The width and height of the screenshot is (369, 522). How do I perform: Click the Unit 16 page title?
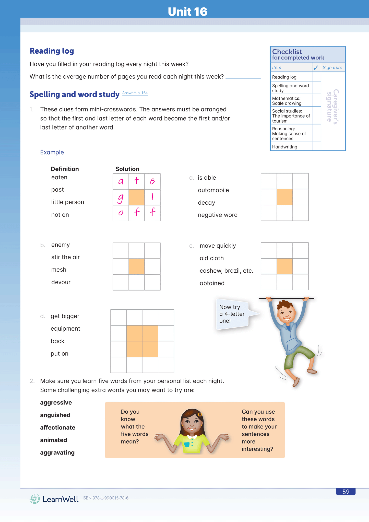pos(187,12)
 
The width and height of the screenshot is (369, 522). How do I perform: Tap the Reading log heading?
pos(52,51)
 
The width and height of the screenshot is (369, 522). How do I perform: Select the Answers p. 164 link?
pos(135,93)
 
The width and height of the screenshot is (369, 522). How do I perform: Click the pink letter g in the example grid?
pos(121,198)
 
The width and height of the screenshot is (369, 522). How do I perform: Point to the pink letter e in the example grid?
pos(152,181)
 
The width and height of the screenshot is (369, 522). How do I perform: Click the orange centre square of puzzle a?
pos(285,197)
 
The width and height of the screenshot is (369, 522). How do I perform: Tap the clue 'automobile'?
pos(213,190)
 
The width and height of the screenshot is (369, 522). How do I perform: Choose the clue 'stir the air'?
pos(65,257)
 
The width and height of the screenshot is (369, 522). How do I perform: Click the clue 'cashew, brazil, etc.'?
pos(226,271)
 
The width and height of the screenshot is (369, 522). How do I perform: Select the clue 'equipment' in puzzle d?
pos(65,329)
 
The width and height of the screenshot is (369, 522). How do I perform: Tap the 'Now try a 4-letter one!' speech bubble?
pos(232,314)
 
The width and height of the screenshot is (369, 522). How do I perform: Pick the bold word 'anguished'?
pos(55,415)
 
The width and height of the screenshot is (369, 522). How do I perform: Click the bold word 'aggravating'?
pos(57,453)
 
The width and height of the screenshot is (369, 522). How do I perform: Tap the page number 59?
pos(346,492)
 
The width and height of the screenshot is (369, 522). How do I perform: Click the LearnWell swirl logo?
pos(35,499)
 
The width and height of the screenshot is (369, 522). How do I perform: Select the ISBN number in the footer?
pos(105,498)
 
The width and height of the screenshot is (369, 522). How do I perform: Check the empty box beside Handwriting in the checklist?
pos(316,147)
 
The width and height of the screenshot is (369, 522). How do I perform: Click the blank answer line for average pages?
pos(243,78)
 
